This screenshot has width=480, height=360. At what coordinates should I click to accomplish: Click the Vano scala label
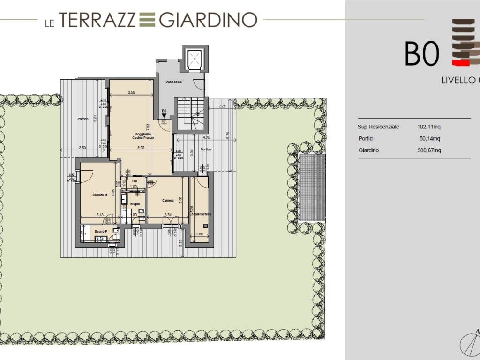[x=174, y=82]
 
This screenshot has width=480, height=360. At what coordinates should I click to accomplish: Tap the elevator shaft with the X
[x=194, y=59]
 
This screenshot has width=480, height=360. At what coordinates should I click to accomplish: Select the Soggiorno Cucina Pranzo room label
[x=141, y=137]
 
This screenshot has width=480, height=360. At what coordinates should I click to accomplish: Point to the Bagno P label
[x=100, y=231]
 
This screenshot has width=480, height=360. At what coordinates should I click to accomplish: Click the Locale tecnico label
[x=201, y=214]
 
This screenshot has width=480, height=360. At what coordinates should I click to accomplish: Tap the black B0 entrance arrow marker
[x=164, y=115]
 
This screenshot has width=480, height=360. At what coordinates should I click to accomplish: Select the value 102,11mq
[x=429, y=127]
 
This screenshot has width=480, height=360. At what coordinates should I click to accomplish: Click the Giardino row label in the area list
[x=368, y=150]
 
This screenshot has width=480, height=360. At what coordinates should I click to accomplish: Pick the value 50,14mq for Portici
[x=430, y=139]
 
